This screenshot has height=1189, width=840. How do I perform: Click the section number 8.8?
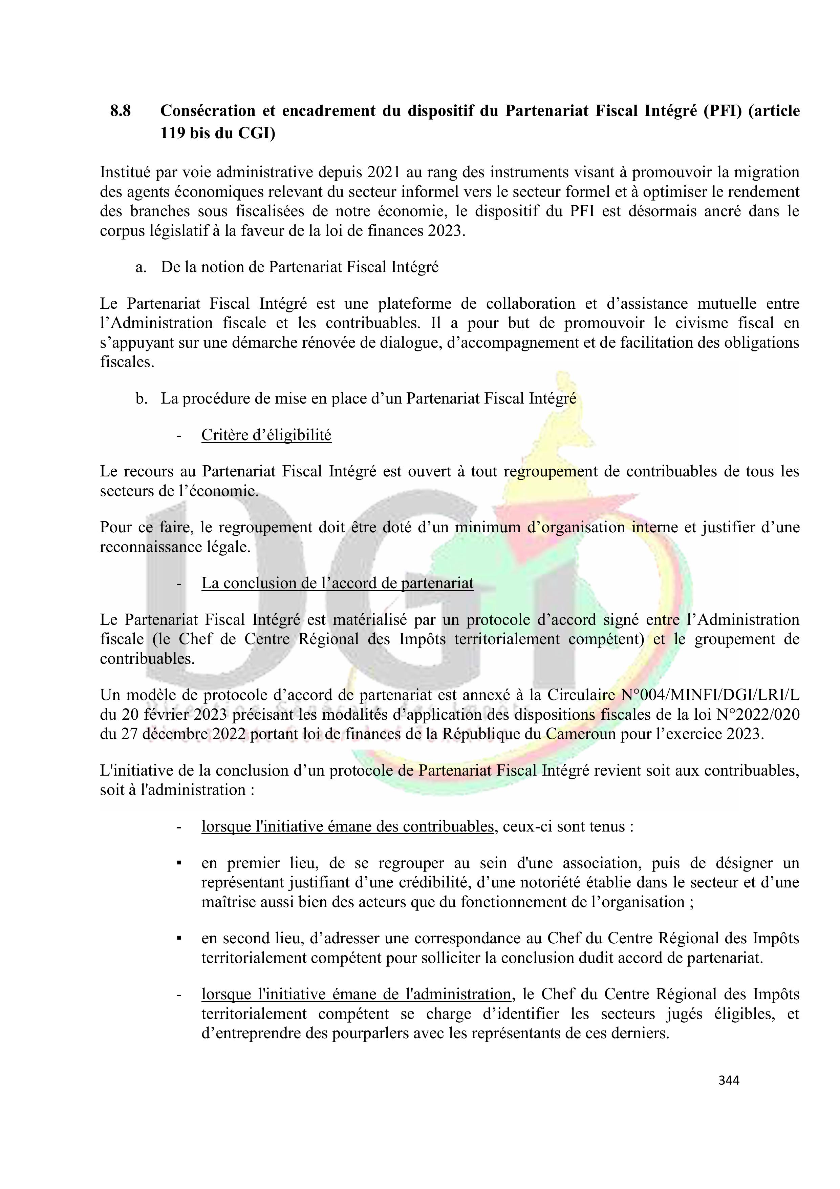point(120,111)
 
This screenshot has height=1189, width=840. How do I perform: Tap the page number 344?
point(729,1080)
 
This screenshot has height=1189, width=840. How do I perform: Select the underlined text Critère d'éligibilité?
point(266,435)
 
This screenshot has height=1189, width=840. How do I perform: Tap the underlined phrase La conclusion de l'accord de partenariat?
point(338,583)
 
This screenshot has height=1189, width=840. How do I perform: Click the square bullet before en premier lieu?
point(178,863)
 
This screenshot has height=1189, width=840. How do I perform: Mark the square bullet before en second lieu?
point(178,938)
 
